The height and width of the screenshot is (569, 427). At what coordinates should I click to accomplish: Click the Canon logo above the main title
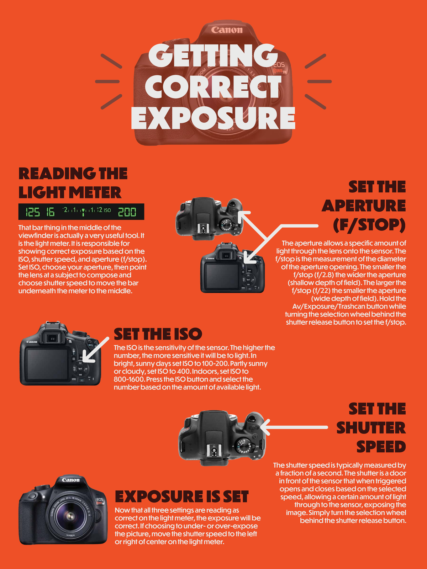click(227, 30)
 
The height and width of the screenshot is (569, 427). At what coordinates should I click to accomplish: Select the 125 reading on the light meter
click(32, 212)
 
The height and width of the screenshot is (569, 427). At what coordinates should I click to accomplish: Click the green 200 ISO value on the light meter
click(127, 212)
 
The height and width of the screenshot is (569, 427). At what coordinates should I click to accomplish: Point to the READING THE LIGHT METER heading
click(73, 183)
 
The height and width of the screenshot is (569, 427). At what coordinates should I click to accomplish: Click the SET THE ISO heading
click(158, 334)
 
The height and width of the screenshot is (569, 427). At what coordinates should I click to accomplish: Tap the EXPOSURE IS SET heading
click(181, 496)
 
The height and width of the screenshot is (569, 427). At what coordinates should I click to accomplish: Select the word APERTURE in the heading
click(364, 206)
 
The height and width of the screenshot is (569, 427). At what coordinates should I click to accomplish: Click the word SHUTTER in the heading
click(371, 428)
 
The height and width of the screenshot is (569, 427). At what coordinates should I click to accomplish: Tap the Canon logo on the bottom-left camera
click(71, 480)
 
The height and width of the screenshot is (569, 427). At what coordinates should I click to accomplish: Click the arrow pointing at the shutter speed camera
click(295, 427)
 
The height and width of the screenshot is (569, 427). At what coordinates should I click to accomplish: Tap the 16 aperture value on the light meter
click(50, 212)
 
